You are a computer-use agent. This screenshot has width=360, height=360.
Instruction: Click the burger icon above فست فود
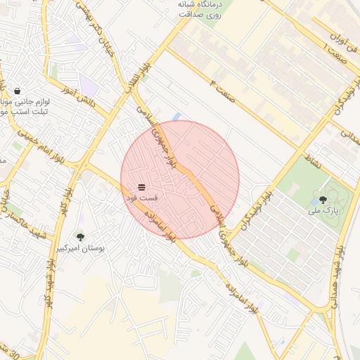tap(141, 186)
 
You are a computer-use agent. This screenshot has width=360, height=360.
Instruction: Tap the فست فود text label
tap(141, 198)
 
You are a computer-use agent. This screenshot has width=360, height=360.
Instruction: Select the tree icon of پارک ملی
tap(323, 200)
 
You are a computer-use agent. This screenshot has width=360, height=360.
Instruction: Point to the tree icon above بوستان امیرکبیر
tap(80, 237)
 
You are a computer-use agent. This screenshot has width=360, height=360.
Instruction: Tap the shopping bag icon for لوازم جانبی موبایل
tap(17, 91)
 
